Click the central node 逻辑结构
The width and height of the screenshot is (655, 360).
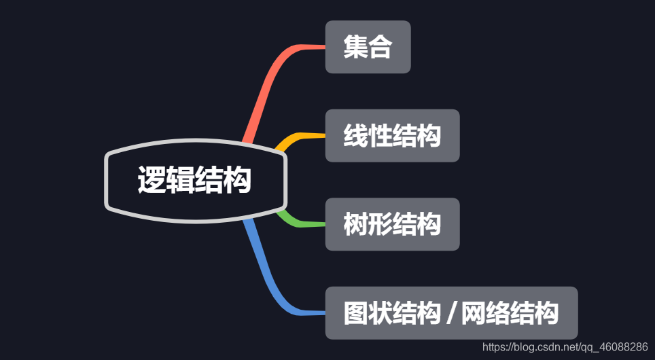(x=196, y=181)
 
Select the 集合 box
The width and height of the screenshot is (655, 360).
(x=368, y=47)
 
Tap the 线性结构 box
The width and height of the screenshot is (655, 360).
(x=392, y=136)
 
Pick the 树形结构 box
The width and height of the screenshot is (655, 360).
(x=392, y=224)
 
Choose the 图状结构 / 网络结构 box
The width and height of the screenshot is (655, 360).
(x=451, y=313)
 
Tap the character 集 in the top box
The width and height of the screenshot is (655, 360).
(x=355, y=47)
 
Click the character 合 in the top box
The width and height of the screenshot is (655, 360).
(x=380, y=47)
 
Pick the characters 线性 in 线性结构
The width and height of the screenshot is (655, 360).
(x=368, y=136)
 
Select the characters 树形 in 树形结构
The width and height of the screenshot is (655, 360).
(x=368, y=224)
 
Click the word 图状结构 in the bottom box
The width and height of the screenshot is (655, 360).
(x=392, y=313)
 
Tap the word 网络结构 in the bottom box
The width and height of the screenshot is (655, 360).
(x=510, y=313)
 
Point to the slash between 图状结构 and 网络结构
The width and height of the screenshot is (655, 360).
(x=451, y=314)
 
